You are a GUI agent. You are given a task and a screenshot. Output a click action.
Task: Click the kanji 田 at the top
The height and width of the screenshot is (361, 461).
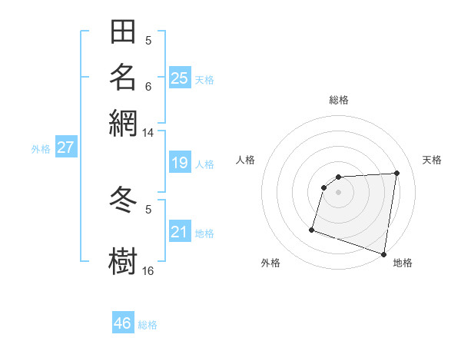pos(123,33)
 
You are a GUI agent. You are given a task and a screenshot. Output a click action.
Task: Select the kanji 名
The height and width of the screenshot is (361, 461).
pos(123,77)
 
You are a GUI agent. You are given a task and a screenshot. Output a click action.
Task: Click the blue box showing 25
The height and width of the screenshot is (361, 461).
pos(180,78)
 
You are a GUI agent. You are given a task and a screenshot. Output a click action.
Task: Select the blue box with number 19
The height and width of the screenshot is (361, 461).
pos(180,163)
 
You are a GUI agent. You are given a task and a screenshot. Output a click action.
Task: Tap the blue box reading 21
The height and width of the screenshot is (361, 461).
pos(180,232)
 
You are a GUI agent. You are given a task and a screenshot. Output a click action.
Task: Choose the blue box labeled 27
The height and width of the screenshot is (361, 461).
pos(65,147)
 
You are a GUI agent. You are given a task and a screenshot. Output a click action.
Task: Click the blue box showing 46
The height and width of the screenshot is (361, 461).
pos(123,323)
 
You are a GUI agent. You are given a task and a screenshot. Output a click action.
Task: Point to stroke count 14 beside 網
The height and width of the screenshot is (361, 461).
pos(148,133)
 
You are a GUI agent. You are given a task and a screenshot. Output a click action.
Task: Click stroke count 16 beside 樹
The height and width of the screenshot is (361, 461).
pos(148,271)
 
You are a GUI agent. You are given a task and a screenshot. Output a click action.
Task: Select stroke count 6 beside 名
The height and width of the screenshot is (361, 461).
pos(148,86)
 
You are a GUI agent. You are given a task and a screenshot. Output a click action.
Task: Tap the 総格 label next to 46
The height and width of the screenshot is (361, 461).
pos(148,325)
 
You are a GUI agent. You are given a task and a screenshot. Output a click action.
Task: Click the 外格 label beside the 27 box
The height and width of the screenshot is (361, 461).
pos(41,149)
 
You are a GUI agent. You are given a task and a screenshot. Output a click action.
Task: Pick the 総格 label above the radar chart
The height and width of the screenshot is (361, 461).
pos(339,100)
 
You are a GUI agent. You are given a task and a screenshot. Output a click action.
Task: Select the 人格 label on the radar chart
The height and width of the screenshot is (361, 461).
pos(246,160)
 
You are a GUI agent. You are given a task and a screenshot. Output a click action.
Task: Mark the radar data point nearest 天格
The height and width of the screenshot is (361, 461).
pos(396,173)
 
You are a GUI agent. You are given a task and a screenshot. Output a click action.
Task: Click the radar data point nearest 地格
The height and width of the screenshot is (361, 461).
pos(383,253)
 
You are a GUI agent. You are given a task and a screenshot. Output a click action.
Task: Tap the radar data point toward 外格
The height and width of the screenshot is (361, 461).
pos(312,229)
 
